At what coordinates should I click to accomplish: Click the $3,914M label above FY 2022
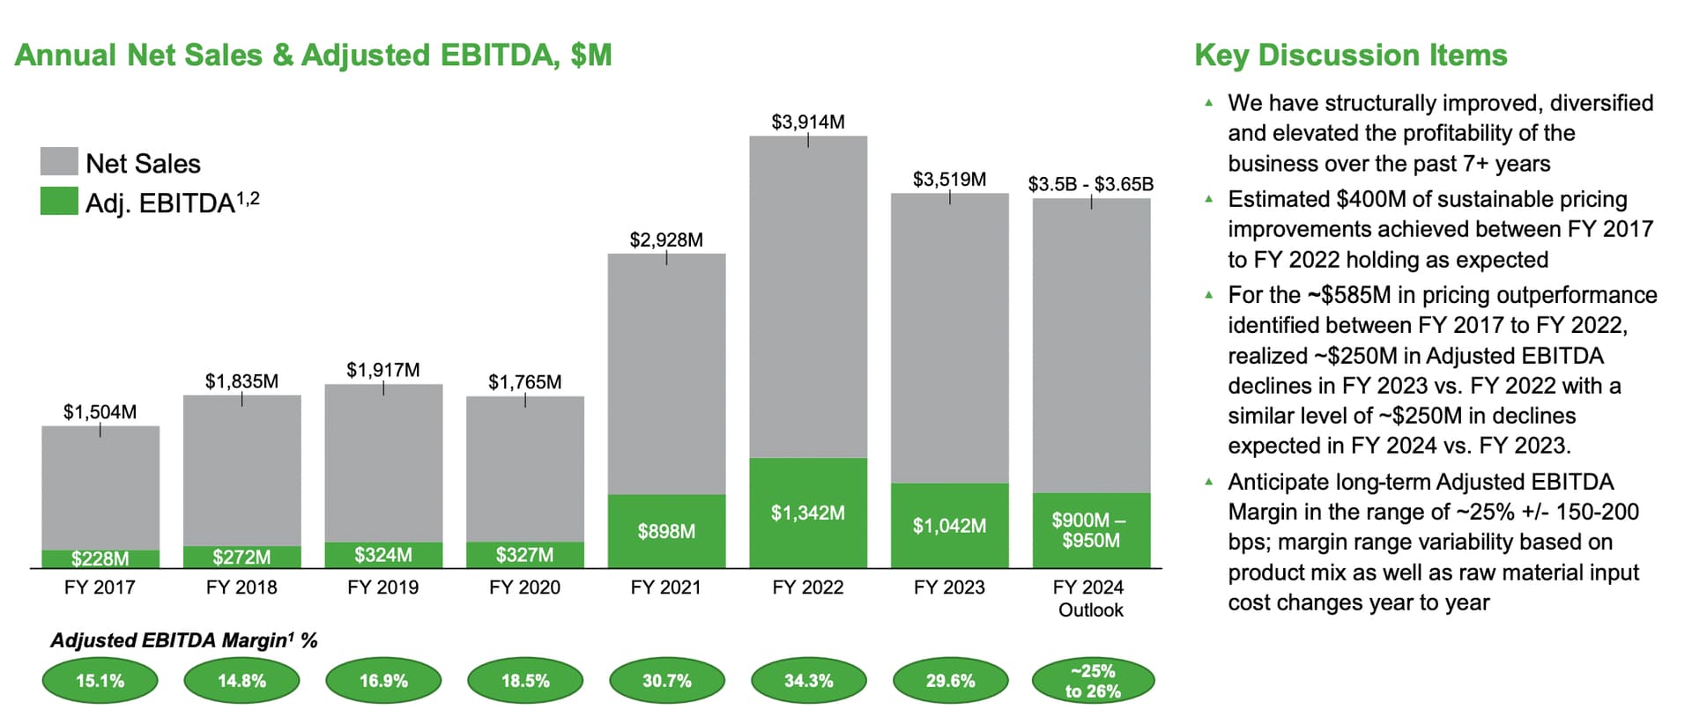[807, 122]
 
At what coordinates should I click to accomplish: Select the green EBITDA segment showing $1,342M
[807, 513]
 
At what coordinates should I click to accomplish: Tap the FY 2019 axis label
[382, 587]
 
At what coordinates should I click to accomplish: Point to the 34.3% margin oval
[808, 681]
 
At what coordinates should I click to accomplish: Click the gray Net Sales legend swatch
[59, 162]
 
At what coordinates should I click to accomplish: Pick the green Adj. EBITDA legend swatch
[59, 202]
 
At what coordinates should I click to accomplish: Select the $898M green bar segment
[666, 531]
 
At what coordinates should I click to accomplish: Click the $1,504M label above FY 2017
[100, 411]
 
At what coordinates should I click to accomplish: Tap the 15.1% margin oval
[100, 681]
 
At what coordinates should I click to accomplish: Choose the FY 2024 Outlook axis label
[1090, 598]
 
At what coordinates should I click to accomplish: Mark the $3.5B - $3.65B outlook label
[1090, 184]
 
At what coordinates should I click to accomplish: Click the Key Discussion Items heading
[1350, 55]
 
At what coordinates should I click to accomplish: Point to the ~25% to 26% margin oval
[1092, 681]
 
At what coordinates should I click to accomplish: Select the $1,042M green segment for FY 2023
[949, 526]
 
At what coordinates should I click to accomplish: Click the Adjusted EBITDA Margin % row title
[183, 640]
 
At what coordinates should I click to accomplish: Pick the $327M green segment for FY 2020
[524, 555]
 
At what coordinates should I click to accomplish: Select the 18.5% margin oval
[525, 681]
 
